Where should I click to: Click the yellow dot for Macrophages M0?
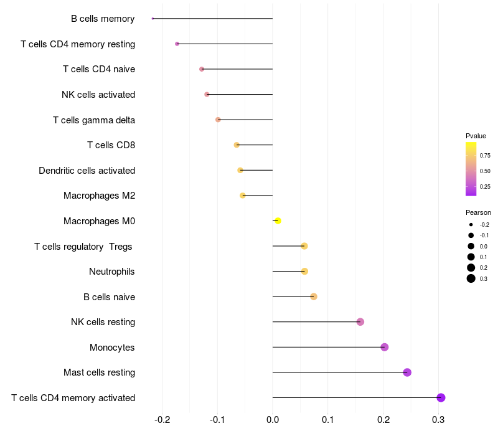pyautogui.click(x=278, y=220)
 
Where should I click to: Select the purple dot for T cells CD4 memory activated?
pyautogui.click(x=441, y=397)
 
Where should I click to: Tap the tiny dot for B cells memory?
pyautogui.click(x=153, y=19)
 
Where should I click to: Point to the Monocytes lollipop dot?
pyautogui.click(x=385, y=347)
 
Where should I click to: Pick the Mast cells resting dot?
pyautogui.click(x=407, y=372)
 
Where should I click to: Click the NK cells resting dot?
pyautogui.click(x=360, y=322)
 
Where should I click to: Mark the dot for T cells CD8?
pyautogui.click(x=237, y=145)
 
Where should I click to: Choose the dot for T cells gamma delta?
pyautogui.click(x=218, y=120)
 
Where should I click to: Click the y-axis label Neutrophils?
pyautogui.click(x=112, y=272)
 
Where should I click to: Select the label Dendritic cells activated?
pyautogui.click(x=87, y=170)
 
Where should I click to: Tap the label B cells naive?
pyautogui.click(x=110, y=297)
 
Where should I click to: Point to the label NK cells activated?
pyautogui.click(x=98, y=95)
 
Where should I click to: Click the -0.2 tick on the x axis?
pyautogui.click(x=162, y=420)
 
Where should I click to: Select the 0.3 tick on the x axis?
pyautogui.click(x=438, y=420)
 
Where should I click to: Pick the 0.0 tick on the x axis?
pyautogui.click(x=273, y=420)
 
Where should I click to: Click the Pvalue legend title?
pyautogui.click(x=476, y=136)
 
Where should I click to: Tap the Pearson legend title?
pyautogui.click(x=478, y=212)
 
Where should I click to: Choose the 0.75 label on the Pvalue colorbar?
pyautogui.click(x=485, y=155)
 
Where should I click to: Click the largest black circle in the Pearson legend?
pyautogui.click(x=471, y=278)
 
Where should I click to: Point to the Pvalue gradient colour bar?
pyautogui.click(x=471, y=169)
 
